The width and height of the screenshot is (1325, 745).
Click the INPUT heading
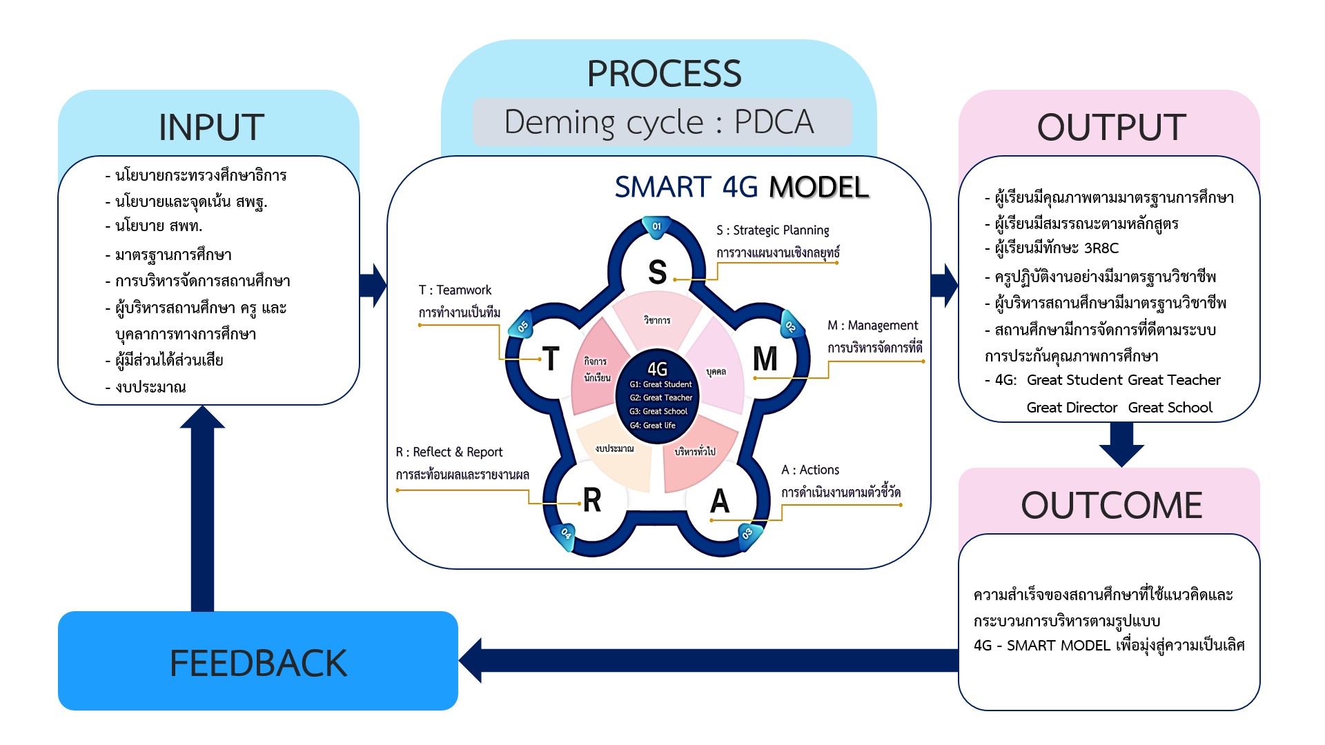pos(211,128)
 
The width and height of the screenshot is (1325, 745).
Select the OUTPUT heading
pos(1111,128)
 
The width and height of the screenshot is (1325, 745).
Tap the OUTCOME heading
pos(1111,505)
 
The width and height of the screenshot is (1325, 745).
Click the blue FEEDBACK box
pos(258,662)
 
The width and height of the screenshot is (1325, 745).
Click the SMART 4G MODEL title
pos(741,187)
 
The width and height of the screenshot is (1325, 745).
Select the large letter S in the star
pos(657,272)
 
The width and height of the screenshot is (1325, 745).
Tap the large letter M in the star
pos(765,359)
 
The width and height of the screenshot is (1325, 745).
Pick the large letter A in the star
pos(720,501)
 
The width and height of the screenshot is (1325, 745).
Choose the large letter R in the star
pos(592,500)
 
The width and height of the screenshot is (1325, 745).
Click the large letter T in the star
pos(551,359)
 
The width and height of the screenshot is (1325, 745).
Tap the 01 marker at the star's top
pos(656,227)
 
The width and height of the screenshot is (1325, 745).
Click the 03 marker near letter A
pos(747,533)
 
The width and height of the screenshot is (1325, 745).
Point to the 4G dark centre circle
pos(658,397)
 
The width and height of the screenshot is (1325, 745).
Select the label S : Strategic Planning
pos(773,230)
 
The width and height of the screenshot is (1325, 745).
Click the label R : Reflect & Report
pos(449,453)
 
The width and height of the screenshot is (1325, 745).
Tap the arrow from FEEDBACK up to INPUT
pos(202,510)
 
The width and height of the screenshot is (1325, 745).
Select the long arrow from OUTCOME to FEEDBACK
pos(711,660)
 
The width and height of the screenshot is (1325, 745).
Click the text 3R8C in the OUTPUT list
pos(1101,248)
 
